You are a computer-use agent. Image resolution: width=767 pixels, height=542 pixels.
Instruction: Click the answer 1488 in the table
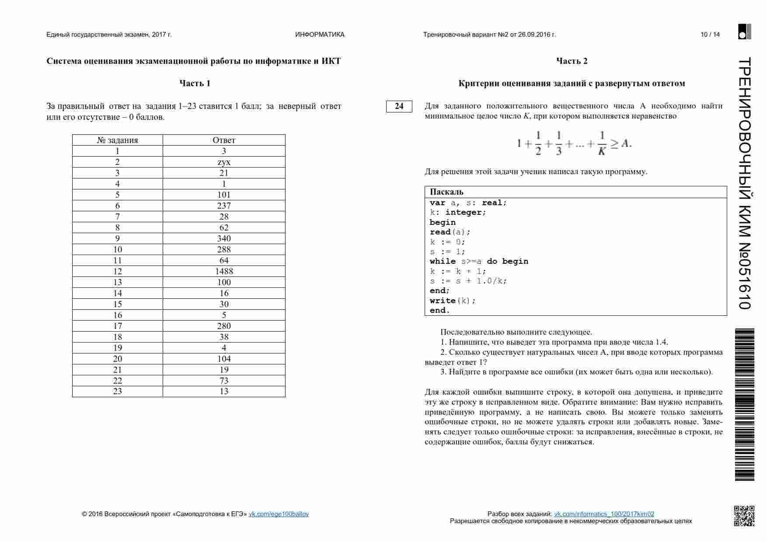[224, 271]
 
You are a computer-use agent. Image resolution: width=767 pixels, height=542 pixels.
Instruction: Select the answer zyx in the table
[224, 162]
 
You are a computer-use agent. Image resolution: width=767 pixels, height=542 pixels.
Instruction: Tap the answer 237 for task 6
[224, 206]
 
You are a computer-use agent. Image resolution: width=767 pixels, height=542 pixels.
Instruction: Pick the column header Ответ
[224, 140]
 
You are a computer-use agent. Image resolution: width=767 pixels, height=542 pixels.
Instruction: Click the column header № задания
[117, 140]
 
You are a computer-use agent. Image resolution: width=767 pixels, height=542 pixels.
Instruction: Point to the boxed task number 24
[399, 106]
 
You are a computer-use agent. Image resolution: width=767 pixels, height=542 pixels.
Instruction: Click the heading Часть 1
[195, 83]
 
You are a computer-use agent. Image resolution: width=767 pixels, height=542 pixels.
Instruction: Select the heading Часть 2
[572, 61]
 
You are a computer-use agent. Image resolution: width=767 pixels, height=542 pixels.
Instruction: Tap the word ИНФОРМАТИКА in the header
[320, 35]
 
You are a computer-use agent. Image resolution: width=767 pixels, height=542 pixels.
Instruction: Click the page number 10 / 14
[710, 35]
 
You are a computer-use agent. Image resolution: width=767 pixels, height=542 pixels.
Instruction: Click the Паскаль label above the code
[446, 192]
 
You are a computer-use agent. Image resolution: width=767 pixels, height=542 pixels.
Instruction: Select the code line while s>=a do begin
[479, 261]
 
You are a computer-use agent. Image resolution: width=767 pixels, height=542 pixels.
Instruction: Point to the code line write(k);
[452, 301]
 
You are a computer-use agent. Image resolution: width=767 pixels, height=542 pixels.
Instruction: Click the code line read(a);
[450, 232]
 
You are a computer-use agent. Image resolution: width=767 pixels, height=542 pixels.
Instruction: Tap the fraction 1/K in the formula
[602, 143]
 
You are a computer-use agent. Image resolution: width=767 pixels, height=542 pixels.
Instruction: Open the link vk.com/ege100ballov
[279, 514]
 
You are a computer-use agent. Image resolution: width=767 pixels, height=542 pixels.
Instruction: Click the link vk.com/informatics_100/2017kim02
[604, 514]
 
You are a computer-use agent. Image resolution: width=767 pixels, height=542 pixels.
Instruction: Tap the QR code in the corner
[744, 516]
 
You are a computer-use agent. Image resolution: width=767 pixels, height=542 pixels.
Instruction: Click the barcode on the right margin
[744, 405]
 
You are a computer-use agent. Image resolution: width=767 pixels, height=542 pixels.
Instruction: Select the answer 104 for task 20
[224, 359]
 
